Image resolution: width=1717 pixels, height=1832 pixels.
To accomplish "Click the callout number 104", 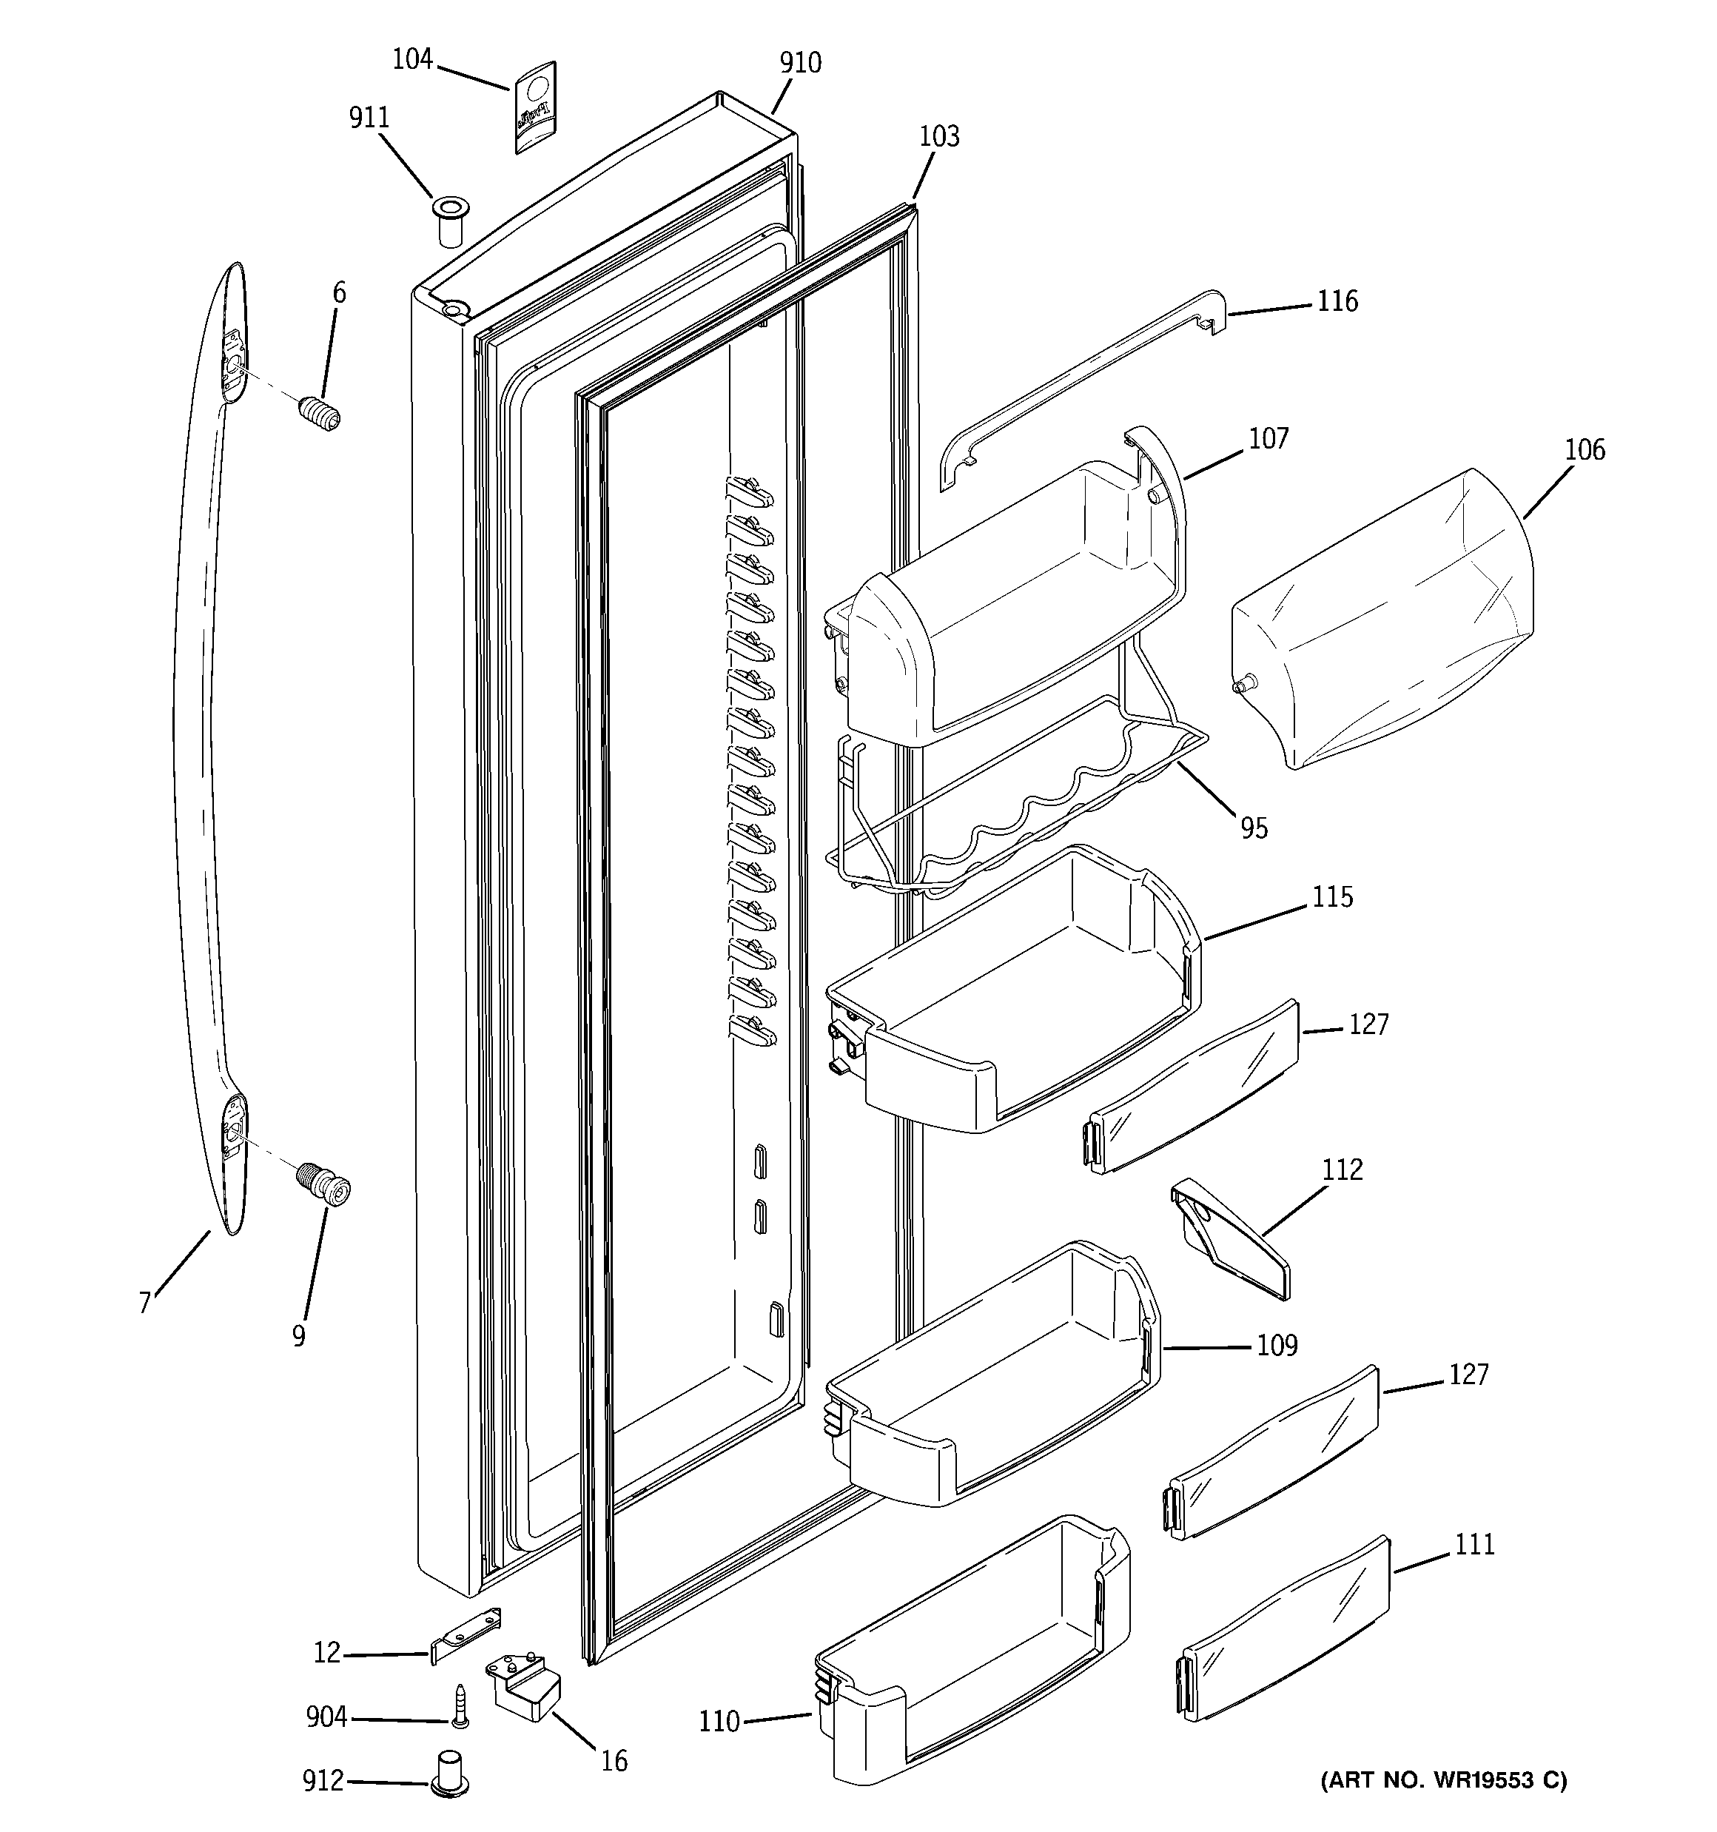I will [412, 60].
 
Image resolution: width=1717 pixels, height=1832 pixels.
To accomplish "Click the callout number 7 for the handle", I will [145, 1303].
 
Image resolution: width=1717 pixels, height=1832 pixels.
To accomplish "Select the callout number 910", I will [800, 64].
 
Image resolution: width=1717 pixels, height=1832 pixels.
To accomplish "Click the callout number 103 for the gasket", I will [939, 136].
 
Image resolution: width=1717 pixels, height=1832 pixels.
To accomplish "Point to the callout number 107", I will [1269, 440].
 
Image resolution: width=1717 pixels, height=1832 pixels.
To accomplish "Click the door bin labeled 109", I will [995, 1382].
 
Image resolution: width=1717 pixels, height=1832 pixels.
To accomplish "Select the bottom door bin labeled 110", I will [968, 1659].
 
